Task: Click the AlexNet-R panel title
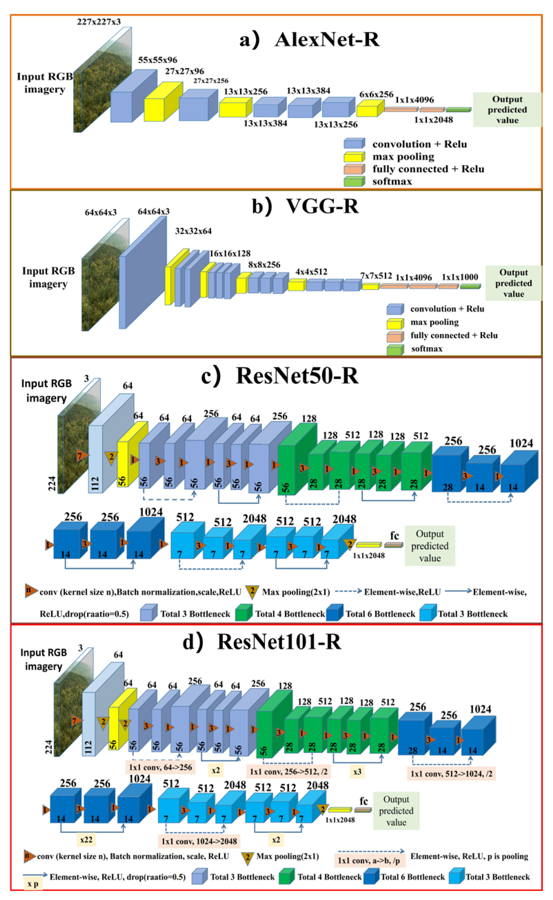click(309, 39)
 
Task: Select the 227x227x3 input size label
click(99, 22)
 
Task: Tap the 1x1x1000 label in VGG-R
click(460, 277)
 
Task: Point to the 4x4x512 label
click(311, 272)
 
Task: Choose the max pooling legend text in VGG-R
click(435, 322)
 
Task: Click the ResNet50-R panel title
click(280, 376)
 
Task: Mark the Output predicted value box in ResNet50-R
click(430, 546)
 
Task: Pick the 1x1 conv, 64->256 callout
click(160, 767)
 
